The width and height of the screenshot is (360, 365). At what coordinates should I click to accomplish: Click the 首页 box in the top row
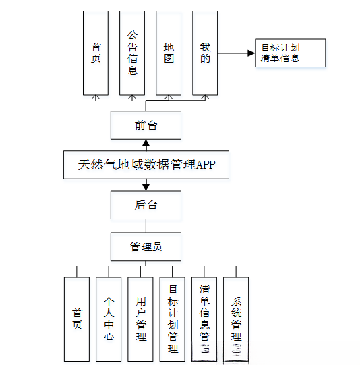(96, 53)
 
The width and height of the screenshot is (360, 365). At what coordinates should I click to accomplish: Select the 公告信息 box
(132, 53)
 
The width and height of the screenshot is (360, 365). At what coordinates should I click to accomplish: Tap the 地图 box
(169, 53)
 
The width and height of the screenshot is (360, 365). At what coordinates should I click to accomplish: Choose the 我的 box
(205, 53)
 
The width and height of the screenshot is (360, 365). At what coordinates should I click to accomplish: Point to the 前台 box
(146, 125)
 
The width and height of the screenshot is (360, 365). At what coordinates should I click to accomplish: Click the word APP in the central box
(205, 165)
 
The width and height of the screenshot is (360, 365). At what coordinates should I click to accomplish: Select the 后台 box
(146, 204)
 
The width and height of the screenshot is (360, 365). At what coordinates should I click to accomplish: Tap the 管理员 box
(146, 246)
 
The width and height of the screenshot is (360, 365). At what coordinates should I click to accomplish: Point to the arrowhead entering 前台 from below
(146, 142)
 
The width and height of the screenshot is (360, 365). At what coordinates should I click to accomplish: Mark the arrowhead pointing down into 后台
(146, 187)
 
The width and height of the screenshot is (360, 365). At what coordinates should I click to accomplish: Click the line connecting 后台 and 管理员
(146, 225)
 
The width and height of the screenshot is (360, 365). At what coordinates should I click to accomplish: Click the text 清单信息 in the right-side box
(280, 59)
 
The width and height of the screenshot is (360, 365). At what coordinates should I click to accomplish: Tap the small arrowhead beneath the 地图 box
(169, 98)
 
